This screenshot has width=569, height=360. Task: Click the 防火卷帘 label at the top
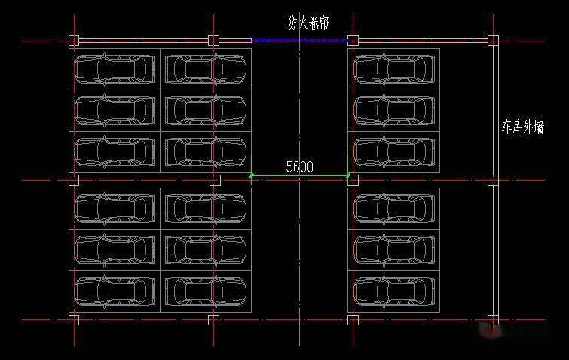tap(308, 22)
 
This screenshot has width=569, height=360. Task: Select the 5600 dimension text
tap(300, 167)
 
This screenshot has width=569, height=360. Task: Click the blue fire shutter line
tap(299, 41)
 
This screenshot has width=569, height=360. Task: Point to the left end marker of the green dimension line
tap(252, 176)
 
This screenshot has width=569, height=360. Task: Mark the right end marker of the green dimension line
tap(348, 176)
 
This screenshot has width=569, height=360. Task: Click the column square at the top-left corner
tap(74, 41)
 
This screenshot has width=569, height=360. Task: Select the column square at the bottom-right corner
tap(493, 319)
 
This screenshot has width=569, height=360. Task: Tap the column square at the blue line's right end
tap(353, 41)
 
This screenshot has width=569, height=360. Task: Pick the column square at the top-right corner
tap(493, 41)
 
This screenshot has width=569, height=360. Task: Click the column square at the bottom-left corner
tap(74, 319)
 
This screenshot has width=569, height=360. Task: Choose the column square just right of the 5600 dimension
tap(353, 180)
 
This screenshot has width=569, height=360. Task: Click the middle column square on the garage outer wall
tap(493, 180)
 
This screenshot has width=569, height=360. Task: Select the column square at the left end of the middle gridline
tap(74, 180)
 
